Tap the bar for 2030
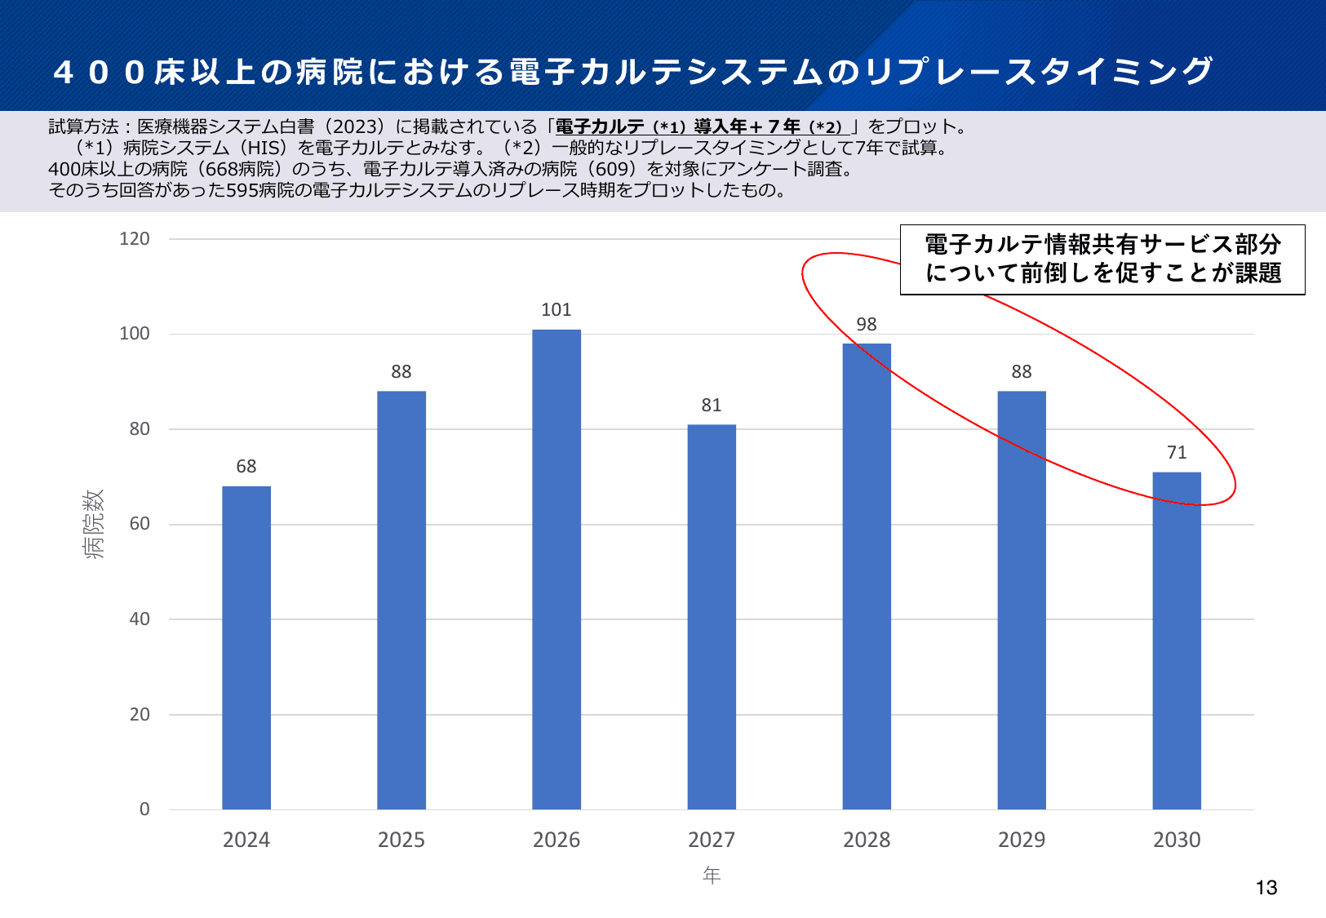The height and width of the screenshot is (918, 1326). pos(1177,641)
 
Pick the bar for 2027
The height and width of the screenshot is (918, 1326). pos(712,616)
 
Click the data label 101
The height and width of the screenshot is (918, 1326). pos(557,310)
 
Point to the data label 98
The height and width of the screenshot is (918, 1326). pos(867,325)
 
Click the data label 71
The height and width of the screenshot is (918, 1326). pos(1177,453)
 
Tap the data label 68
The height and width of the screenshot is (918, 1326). pos(246,467)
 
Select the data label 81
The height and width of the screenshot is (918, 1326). pos(712,406)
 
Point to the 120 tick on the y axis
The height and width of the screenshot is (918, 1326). pos(135,239)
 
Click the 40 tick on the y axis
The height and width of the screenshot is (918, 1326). pos(140,619)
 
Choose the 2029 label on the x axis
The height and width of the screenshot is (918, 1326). pos(1022,840)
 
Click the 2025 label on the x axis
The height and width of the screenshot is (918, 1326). pos(401,840)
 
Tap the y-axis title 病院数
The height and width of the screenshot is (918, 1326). pos(95,524)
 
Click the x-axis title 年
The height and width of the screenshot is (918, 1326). pos(712,876)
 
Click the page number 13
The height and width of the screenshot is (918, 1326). pos(1266,888)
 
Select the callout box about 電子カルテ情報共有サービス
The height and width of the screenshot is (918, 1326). pos(1102,259)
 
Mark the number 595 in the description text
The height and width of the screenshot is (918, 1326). pos(242,190)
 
